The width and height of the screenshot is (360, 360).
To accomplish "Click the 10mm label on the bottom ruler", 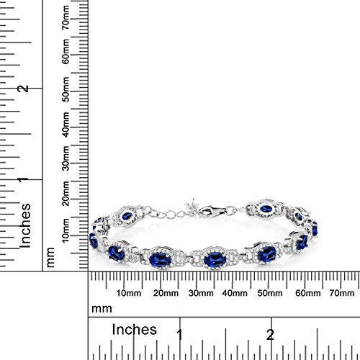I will click(x=127, y=293).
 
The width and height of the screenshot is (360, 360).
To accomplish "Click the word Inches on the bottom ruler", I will click(x=135, y=330).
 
